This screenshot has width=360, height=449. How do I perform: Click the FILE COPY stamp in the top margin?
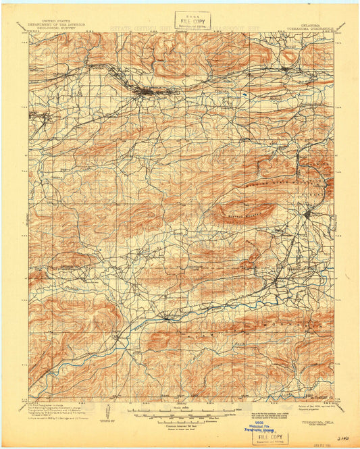click(192, 20)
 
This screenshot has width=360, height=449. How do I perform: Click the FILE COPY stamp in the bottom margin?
click(269, 437)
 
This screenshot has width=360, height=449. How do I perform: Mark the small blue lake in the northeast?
click(243, 101)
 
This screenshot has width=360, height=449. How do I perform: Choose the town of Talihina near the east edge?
click(307, 215)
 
